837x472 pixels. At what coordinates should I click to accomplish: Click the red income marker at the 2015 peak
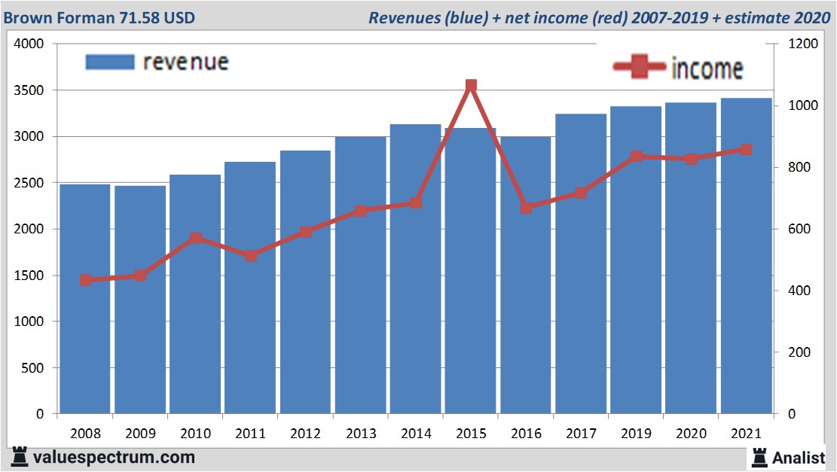coord(471,86)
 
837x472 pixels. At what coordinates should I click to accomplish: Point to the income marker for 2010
coord(196,239)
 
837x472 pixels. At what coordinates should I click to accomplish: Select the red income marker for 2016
coord(527,207)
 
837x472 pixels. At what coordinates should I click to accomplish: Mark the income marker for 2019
coord(637,157)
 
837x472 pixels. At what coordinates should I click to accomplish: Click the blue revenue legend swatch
coord(110,62)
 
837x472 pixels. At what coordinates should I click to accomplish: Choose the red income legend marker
coord(640,67)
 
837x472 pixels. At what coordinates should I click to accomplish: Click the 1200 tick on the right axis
coord(802,44)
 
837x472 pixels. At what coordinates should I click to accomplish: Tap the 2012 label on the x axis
coord(305,434)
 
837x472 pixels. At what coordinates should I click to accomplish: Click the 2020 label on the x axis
coord(691,434)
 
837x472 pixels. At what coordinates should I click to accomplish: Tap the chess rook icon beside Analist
coord(759,456)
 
